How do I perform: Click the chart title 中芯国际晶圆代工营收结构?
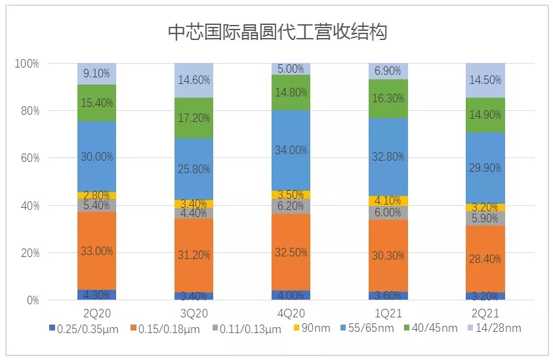pos(276,31)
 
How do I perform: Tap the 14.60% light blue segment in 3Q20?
pos(194,81)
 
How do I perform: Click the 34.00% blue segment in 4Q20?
pos(291,150)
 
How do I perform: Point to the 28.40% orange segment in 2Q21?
pos(485,260)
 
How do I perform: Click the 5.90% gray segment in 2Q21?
pos(485,219)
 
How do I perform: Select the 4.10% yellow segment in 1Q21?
pos(388,201)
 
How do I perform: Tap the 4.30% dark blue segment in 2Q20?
pos(96,295)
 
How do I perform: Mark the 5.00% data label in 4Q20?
pos(291,69)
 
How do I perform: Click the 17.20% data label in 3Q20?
pos(194,118)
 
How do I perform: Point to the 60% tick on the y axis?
pos(29,158)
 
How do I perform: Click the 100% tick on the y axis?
pos(27,64)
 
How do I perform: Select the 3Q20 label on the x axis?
pos(194,313)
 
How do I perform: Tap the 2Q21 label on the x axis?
pos(485,313)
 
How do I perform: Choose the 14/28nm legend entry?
pos(495,328)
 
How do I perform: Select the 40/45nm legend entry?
pos(428,328)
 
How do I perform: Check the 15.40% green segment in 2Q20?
pos(96,103)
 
